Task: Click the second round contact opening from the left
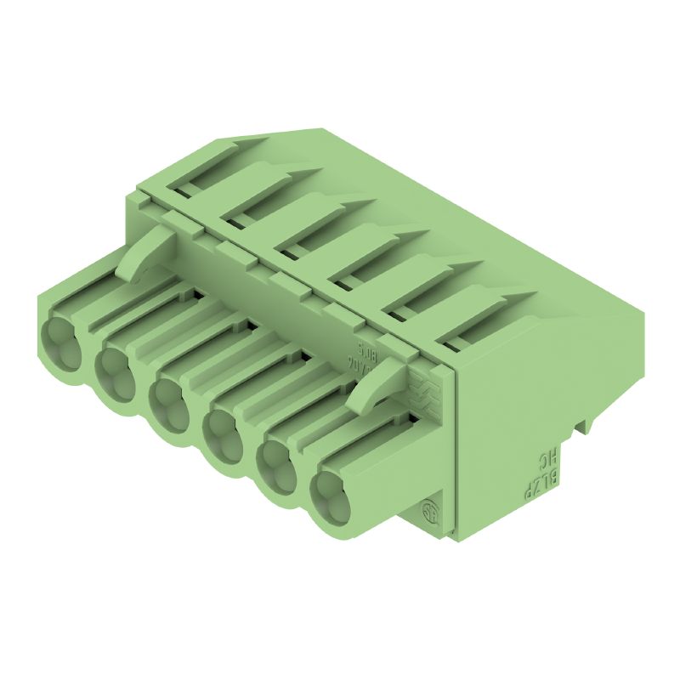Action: pos(114,365)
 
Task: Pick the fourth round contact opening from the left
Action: pos(224,433)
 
